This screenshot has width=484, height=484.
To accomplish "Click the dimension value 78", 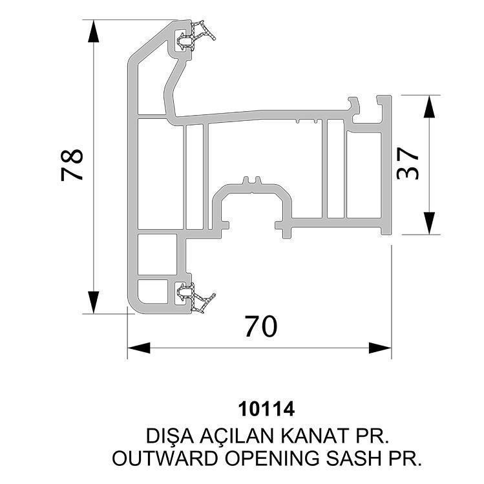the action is (72, 165).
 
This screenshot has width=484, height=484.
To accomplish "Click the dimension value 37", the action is (408, 163).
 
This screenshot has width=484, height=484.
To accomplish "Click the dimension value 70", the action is (261, 326).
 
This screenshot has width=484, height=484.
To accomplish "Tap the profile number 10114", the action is (266, 409).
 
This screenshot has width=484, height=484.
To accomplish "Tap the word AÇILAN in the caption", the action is (237, 436).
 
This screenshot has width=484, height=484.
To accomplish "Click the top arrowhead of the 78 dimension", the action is (94, 31).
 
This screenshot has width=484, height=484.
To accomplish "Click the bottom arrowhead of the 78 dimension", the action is (94, 302).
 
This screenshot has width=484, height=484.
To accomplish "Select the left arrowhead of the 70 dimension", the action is (139, 348).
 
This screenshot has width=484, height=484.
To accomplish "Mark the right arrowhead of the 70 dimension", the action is (380, 348).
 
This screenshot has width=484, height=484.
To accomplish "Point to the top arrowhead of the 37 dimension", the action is (429, 107).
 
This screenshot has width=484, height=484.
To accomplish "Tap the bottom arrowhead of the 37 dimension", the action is (429, 223).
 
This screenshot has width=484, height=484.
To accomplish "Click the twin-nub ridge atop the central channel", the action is (252, 181).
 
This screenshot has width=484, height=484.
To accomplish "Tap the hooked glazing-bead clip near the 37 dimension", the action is (355, 107).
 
